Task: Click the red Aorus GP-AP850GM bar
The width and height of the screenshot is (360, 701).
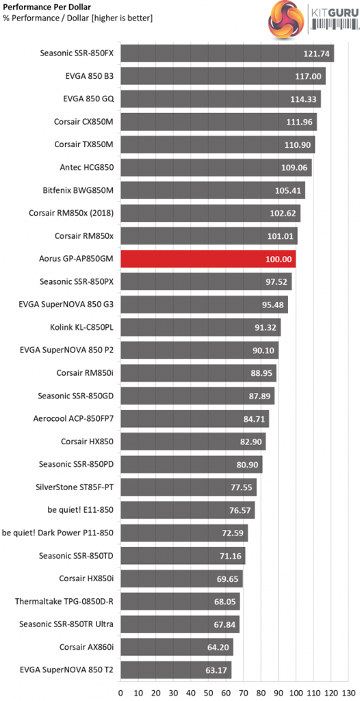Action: (x=208, y=259)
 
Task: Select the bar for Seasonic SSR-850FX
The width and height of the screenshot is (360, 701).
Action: (x=227, y=53)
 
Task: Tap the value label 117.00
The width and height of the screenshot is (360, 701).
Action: (x=308, y=77)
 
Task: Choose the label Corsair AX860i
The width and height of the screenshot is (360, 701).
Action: (x=87, y=647)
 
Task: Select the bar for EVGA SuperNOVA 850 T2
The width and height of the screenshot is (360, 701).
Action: (x=176, y=670)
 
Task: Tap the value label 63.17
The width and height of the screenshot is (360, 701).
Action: (x=216, y=670)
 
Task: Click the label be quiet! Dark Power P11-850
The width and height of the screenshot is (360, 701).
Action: (x=58, y=533)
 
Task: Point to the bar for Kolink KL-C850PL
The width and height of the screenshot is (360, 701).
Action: (x=201, y=328)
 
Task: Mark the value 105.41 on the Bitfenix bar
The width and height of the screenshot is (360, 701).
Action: (x=288, y=191)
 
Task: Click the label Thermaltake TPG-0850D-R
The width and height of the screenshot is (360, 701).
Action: (x=64, y=601)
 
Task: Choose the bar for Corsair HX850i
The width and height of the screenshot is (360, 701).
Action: (x=181, y=578)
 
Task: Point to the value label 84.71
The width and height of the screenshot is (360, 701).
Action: (x=254, y=420)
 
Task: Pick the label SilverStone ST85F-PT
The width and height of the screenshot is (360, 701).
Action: (x=75, y=487)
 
